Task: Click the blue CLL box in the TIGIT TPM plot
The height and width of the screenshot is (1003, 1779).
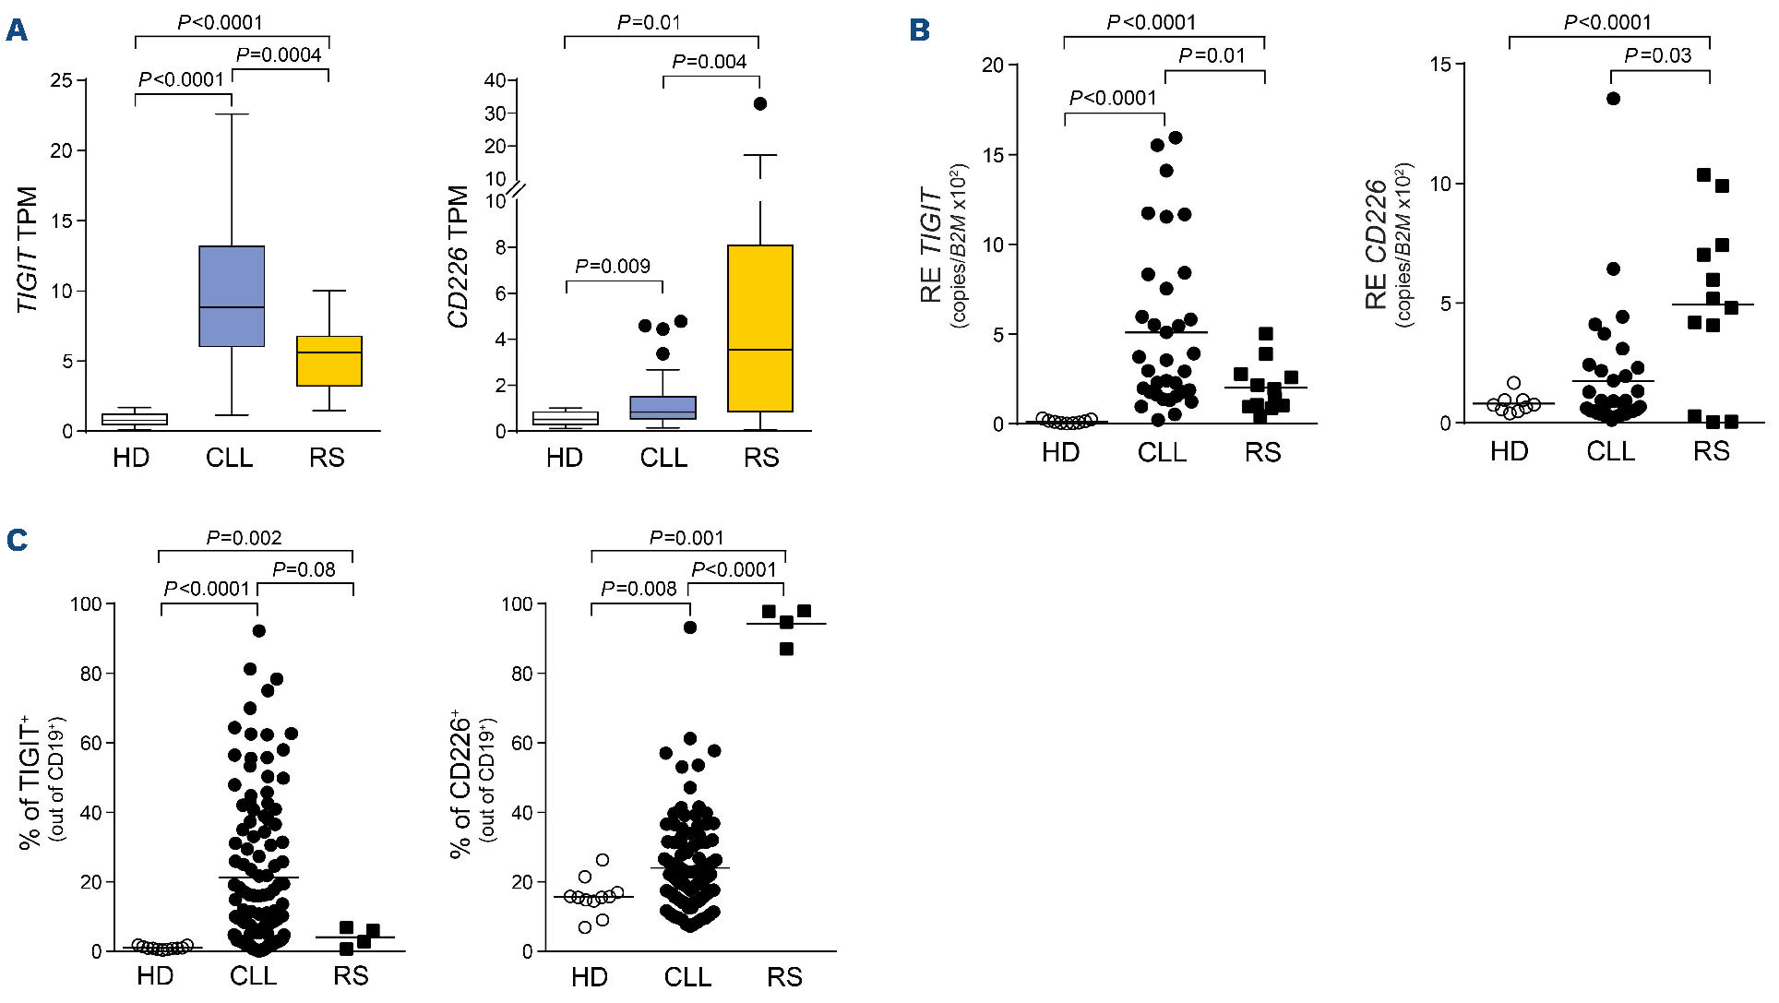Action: coord(232,295)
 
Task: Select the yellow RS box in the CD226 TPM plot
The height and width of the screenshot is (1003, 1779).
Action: coord(759,328)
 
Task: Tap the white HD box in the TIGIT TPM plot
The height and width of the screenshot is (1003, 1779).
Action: coord(135,419)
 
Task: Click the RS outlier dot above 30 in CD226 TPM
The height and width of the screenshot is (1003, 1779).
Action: coord(760,103)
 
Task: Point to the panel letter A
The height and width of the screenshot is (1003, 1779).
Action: coord(16,30)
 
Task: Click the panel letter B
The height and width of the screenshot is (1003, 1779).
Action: coord(919,30)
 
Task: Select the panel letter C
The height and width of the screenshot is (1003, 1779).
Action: coord(17,540)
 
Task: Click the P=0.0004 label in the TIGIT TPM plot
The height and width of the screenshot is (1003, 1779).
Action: coord(279,55)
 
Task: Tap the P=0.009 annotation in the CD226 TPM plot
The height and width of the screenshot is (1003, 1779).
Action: coord(613,267)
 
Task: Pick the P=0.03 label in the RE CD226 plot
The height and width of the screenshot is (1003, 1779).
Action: coord(1658,56)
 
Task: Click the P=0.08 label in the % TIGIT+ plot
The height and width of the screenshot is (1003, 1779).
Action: coord(304,570)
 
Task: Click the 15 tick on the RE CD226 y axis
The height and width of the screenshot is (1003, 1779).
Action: coord(1440,65)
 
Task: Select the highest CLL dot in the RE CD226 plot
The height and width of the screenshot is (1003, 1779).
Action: coord(1613,99)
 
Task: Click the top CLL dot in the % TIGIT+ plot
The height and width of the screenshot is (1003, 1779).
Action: coord(259,631)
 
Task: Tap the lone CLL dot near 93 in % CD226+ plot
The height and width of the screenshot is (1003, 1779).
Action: coord(690,627)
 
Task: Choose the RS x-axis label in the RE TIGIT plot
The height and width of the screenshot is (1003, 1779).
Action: coord(1262,453)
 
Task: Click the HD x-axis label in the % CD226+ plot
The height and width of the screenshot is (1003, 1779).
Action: coord(589,977)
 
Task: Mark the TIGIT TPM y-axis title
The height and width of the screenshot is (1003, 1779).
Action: coord(28,249)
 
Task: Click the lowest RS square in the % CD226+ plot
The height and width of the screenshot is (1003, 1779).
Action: coord(786,650)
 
